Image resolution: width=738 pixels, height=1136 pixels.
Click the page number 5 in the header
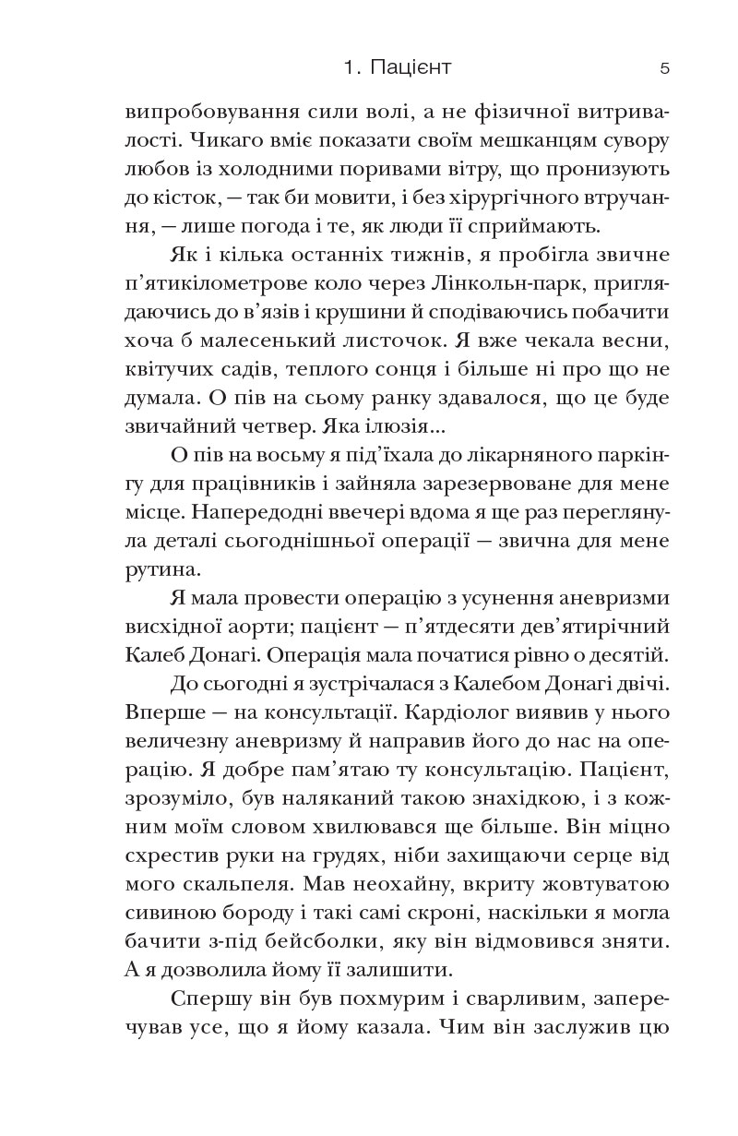(664, 67)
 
